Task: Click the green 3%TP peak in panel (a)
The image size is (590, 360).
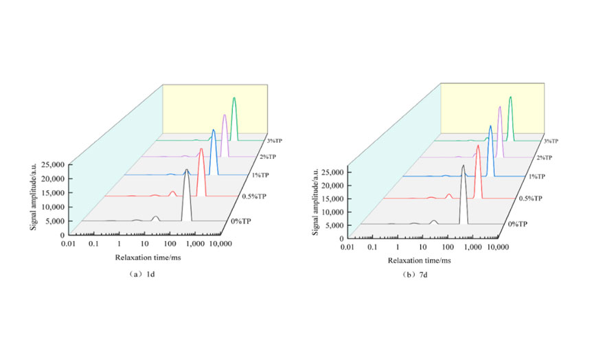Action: [x=234, y=100]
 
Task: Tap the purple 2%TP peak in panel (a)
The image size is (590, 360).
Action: [x=224, y=117]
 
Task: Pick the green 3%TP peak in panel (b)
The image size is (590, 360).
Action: [x=510, y=99]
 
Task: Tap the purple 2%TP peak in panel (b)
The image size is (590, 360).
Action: [x=499, y=109]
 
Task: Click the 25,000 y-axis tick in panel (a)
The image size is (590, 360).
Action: [x=52, y=165]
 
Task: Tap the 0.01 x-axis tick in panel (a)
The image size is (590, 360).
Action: [x=67, y=244]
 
